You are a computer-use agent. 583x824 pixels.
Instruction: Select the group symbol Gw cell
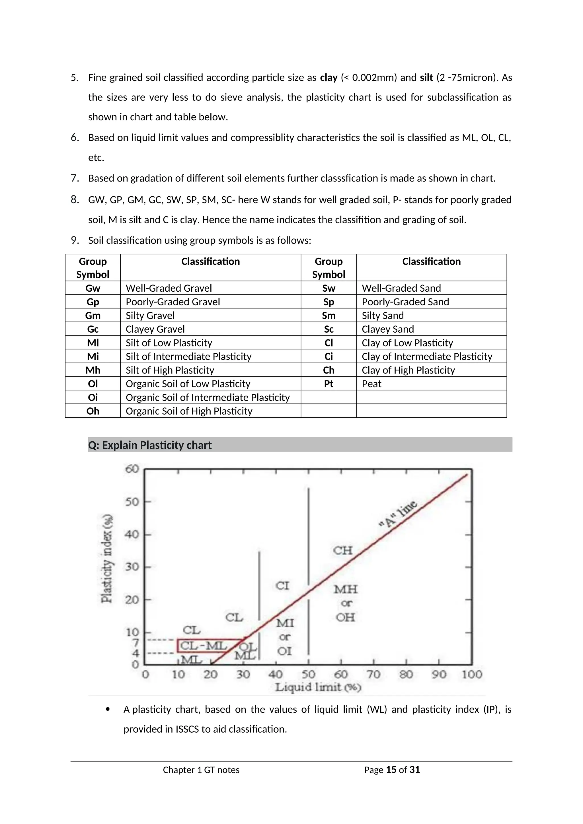(93, 288)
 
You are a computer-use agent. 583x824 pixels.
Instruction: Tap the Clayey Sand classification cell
(388, 329)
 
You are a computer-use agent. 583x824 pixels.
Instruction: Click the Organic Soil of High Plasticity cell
(189, 411)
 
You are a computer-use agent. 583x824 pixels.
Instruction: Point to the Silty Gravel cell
(150, 316)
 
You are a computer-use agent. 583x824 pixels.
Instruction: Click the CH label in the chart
(343, 551)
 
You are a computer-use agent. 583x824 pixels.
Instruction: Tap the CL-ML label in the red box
(203, 646)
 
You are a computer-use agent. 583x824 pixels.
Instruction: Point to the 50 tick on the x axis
(308, 675)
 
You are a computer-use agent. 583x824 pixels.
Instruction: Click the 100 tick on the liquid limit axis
(472, 675)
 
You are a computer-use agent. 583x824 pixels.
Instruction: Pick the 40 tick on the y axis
(132, 534)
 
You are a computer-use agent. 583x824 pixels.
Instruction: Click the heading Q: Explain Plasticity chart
(150, 445)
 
